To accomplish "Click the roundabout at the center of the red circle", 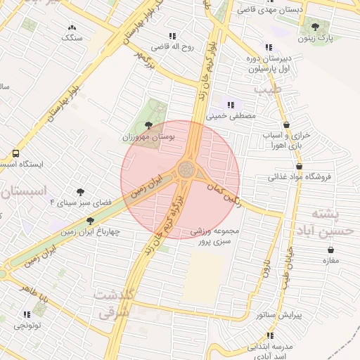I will [186, 169].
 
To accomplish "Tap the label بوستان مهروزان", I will [146, 136].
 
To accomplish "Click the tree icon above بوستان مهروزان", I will [146, 125].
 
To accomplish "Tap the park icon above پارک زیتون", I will [314, 27].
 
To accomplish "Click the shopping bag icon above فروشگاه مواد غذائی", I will [299, 167].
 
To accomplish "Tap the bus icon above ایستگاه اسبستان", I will [15, 153].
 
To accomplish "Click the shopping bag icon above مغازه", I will [330, 250].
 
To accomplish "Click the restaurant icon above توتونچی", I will [27, 314].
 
